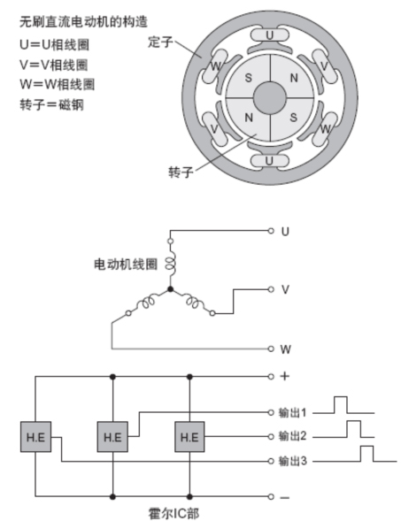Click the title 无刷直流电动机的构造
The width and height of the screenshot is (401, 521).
point(83,22)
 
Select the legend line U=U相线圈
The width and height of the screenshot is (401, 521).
point(54,44)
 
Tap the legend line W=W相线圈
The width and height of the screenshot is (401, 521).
point(57,84)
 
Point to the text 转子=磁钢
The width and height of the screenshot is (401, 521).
point(51,104)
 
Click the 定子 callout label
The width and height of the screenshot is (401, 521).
point(160,42)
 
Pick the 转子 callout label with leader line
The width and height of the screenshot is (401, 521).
point(181,172)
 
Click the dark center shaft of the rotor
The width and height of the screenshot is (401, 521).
point(270,97)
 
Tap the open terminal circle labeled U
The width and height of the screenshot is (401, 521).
point(271,231)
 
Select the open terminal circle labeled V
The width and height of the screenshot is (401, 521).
point(271,290)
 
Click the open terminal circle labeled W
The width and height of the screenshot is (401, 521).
point(271,349)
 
